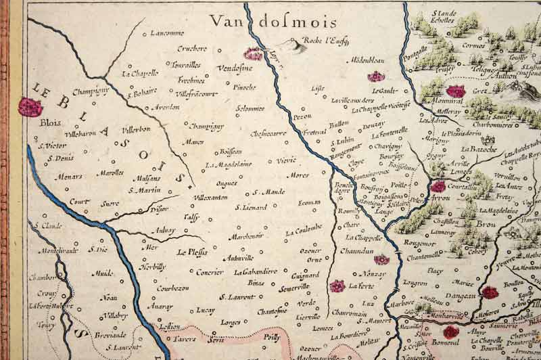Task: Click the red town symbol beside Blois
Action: click(x=30, y=106)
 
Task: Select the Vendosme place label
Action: click(x=235, y=69)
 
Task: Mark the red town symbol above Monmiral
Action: click(x=456, y=91)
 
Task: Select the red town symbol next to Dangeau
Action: click(x=490, y=292)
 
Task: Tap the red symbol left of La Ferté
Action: click(x=337, y=286)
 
